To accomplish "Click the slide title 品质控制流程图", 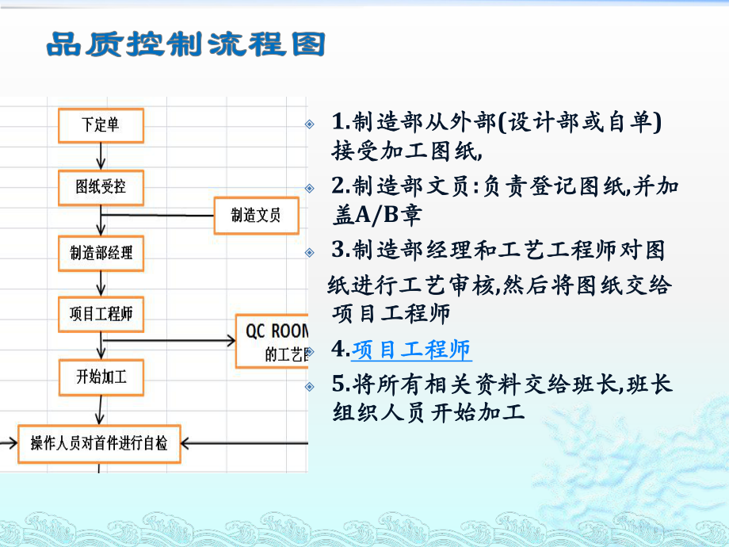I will (187, 44).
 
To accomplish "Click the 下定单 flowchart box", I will (101, 124).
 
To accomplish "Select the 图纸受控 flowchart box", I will (101, 189).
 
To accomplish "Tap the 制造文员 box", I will (256, 215).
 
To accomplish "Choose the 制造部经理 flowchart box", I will (101, 253).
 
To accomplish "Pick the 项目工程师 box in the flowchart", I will (101, 315).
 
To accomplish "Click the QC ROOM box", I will (273, 341).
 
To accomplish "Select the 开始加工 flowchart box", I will (101, 377).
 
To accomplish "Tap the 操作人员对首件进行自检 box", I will (99, 443).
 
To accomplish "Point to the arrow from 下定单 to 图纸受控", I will (101, 156).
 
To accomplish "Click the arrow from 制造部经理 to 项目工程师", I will (101, 284).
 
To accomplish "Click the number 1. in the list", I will (341, 121).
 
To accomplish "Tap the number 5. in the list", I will (341, 384).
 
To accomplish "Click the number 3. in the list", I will (341, 251).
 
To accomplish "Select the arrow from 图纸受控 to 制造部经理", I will (101, 220).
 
